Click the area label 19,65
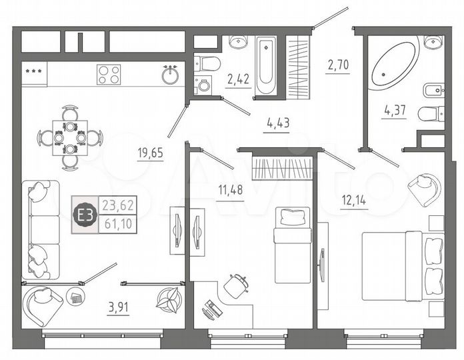click(x=150, y=152)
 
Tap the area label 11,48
click(x=230, y=189)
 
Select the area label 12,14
click(x=353, y=199)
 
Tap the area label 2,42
click(x=238, y=80)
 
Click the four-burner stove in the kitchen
click(x=109, y=74)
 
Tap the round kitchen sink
click(x=170, y=75)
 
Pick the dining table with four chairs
click(x=70, y=137)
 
